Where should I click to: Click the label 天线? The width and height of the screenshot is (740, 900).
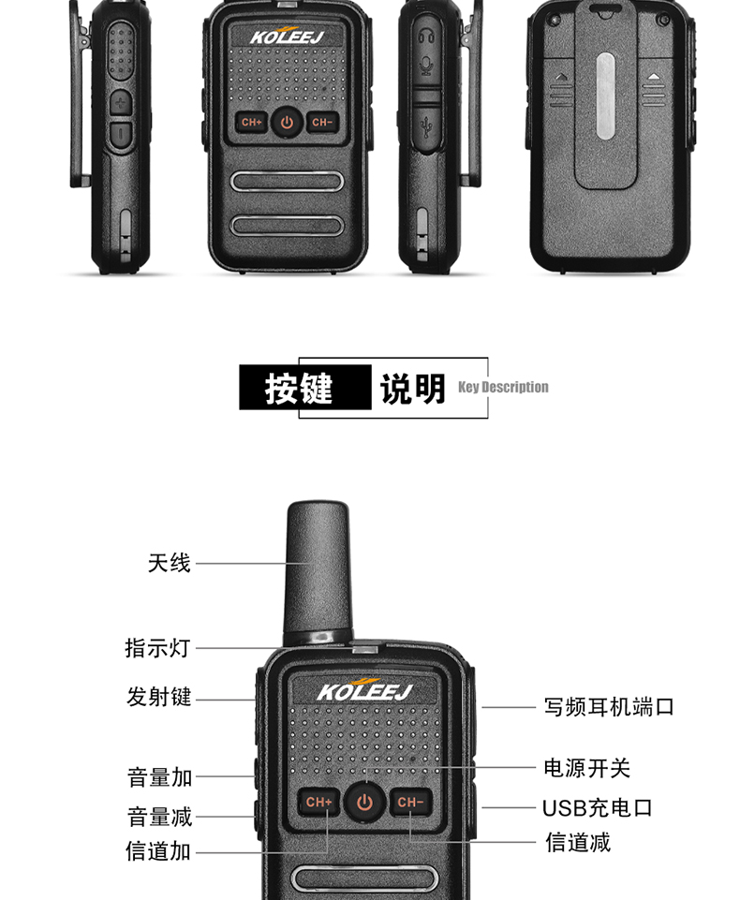[169, 563]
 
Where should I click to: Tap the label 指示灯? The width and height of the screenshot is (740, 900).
[158, 648]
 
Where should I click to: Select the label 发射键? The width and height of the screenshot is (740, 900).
[159, 697]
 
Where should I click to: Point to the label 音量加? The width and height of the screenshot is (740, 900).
[159, 777]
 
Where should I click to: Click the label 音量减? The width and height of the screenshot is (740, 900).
[159, 817]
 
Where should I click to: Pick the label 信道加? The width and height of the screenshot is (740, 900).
[158, 851]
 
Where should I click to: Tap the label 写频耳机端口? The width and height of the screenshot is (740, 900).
[609, 706]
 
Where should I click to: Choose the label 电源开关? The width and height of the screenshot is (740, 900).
[586, 768]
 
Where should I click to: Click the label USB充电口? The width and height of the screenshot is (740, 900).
[598, 808]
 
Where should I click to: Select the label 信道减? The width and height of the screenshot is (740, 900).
[578, 843]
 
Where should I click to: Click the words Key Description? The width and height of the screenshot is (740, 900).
[503, 387]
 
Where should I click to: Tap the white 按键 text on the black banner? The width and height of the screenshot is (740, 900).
[299, 388]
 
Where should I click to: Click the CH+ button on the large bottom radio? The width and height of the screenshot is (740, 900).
[318, 802]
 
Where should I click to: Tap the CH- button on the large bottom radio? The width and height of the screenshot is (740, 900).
[410, 802]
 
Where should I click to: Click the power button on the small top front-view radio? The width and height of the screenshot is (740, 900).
[287, 123]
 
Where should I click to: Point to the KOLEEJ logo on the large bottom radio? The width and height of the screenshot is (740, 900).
[365, 690]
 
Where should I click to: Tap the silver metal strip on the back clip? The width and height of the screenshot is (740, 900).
[605, 96]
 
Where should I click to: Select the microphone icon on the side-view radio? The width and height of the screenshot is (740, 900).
[425, 65]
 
